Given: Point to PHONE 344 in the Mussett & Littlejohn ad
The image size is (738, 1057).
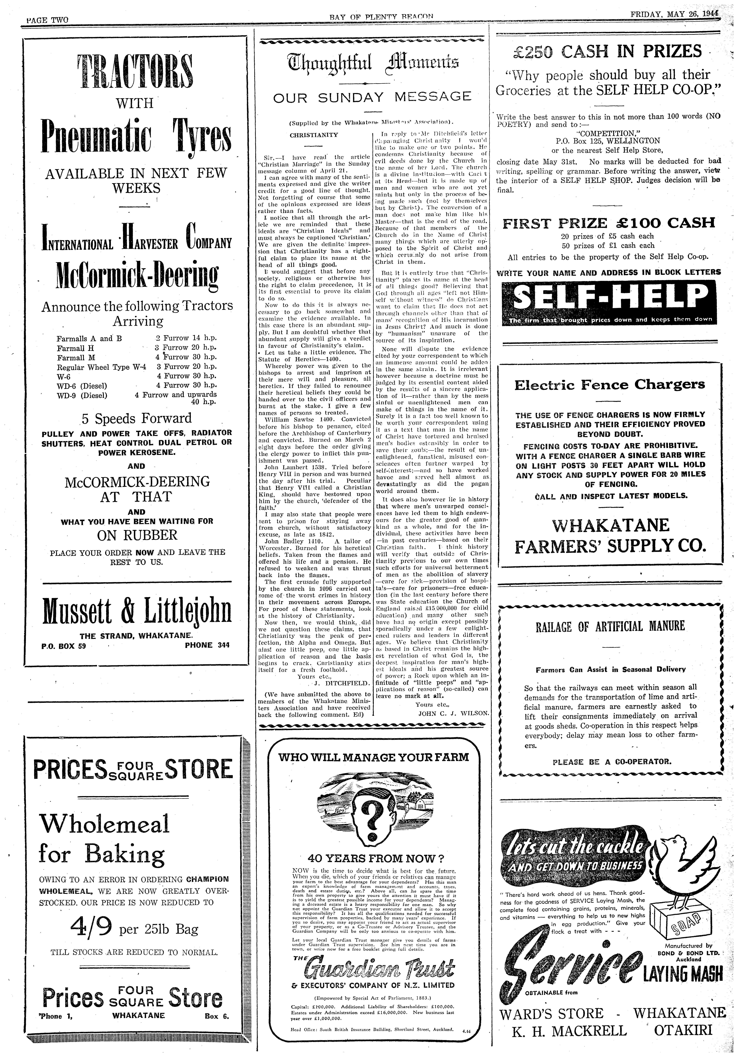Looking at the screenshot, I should tap(207, 645).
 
